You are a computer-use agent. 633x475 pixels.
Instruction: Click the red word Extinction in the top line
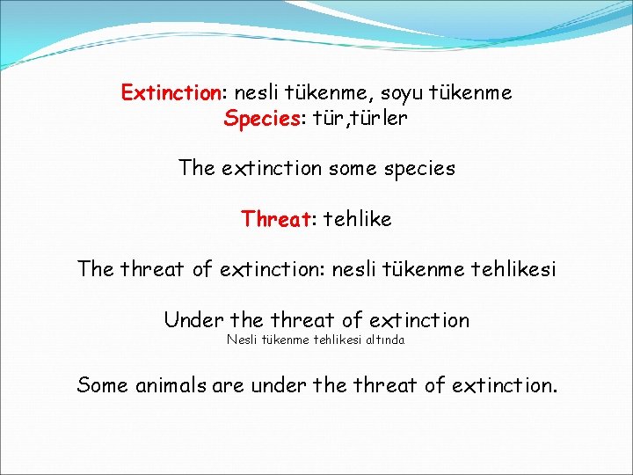pos(171,92)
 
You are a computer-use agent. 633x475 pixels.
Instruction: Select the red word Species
pos(261,118)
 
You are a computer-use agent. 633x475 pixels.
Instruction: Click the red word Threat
pos(276,218)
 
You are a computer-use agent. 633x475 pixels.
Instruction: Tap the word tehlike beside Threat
pos(357,218)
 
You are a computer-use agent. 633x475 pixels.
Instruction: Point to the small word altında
pos(386,340)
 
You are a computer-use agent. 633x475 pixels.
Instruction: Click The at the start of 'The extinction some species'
pos(195,167)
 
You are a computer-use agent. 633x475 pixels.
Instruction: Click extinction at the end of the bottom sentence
pos(503,384)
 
